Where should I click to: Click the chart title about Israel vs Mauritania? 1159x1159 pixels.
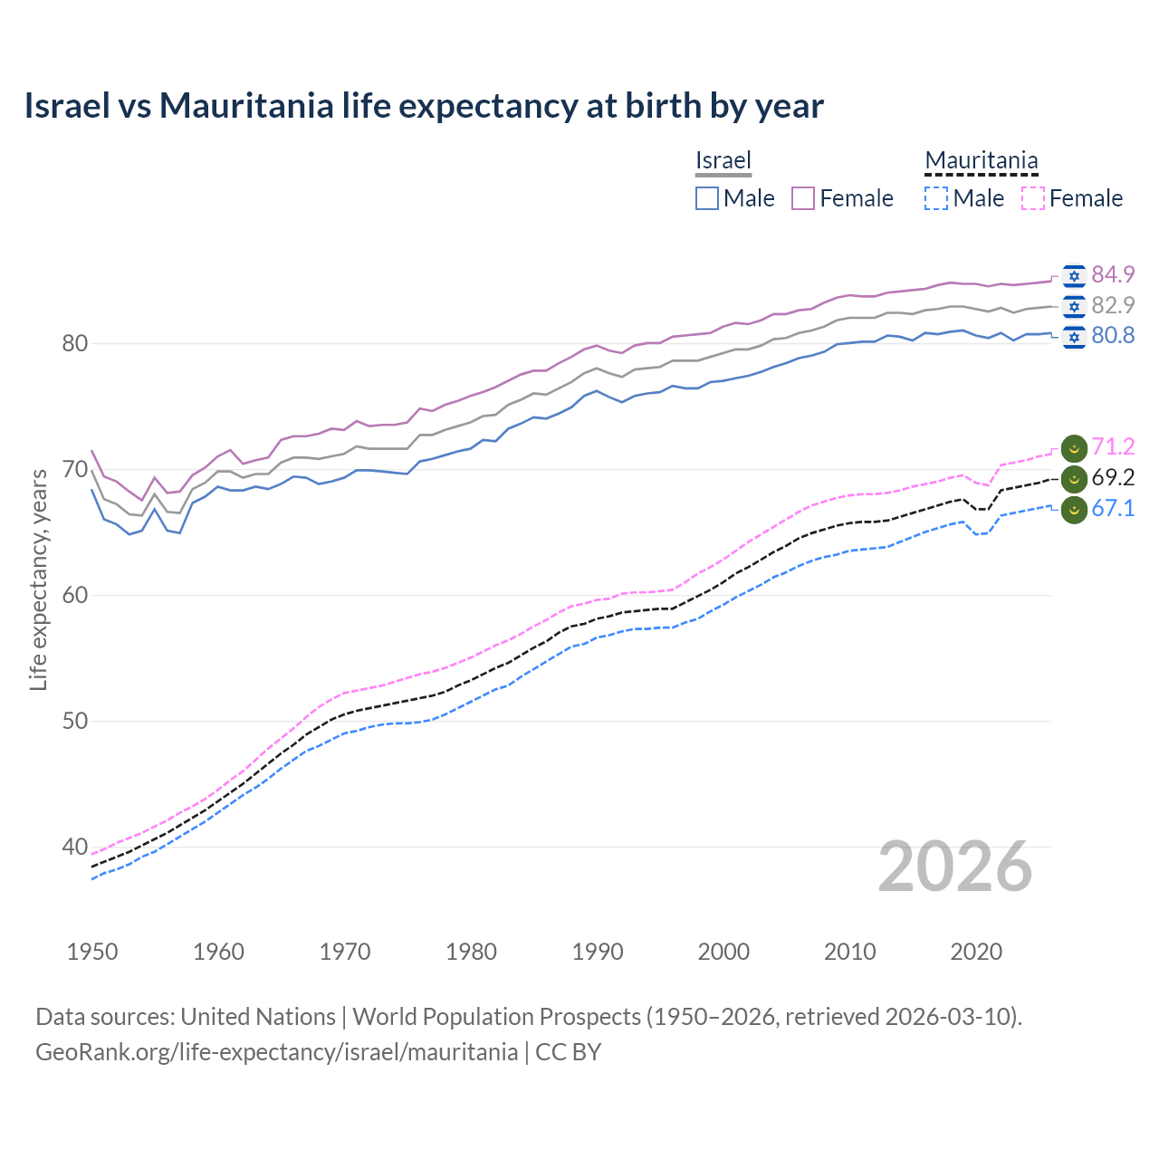(424, 106)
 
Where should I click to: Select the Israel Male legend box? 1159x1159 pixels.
(707, 198)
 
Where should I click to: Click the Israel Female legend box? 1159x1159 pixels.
(803, 198)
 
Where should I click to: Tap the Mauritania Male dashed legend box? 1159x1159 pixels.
(936, 198)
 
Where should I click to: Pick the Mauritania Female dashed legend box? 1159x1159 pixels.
(1032, 198)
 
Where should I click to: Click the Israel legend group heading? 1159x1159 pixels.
(723, 160)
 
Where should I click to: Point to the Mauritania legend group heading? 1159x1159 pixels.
(981, 160)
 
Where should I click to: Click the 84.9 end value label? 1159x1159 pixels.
(1113, 274)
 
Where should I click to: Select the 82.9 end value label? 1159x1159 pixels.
(1113, 305)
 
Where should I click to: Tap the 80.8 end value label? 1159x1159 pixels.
(1113, 336)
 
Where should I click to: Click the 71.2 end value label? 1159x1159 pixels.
(1113, 446)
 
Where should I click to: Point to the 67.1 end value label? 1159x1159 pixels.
(1113, 508)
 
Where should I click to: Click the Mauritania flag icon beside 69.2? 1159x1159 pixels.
(1074, 478)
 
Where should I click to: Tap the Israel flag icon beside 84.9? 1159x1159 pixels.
(1074, 275)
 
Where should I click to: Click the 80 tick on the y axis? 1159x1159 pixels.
(74, 343)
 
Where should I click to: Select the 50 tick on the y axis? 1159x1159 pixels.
(74, 722)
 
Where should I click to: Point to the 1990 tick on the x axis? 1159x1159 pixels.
(598, 952)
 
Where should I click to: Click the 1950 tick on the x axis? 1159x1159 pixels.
(93, 952)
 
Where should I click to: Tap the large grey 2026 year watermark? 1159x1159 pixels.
(954, 867)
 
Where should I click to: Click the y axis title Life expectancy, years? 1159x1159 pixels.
(38, 579)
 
